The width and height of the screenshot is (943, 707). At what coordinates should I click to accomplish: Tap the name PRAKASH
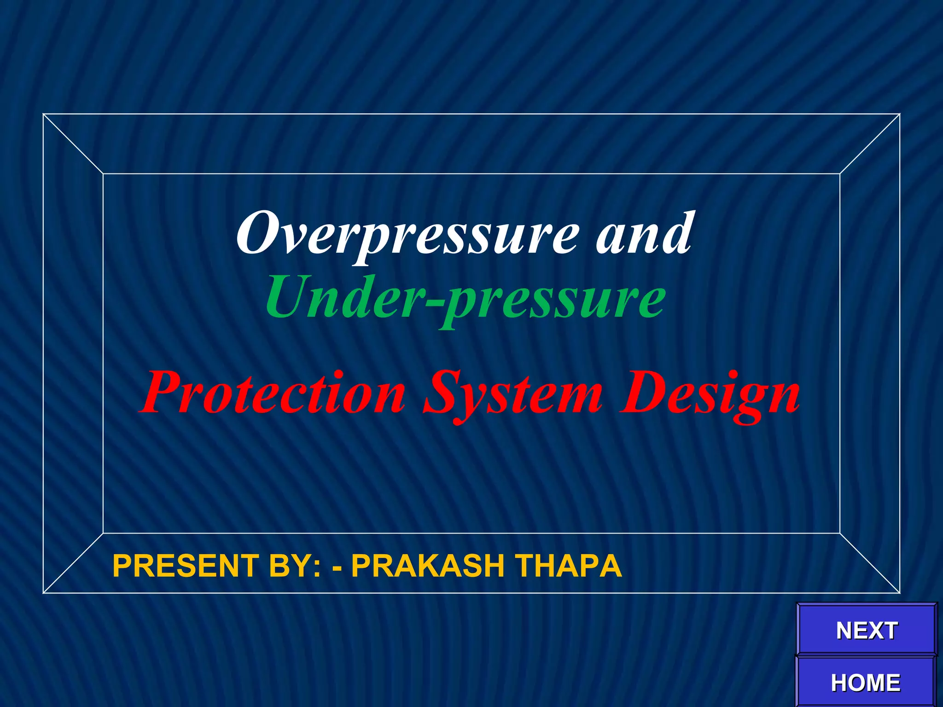point(428,566)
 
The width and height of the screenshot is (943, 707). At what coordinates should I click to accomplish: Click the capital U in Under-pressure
point(289,298)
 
